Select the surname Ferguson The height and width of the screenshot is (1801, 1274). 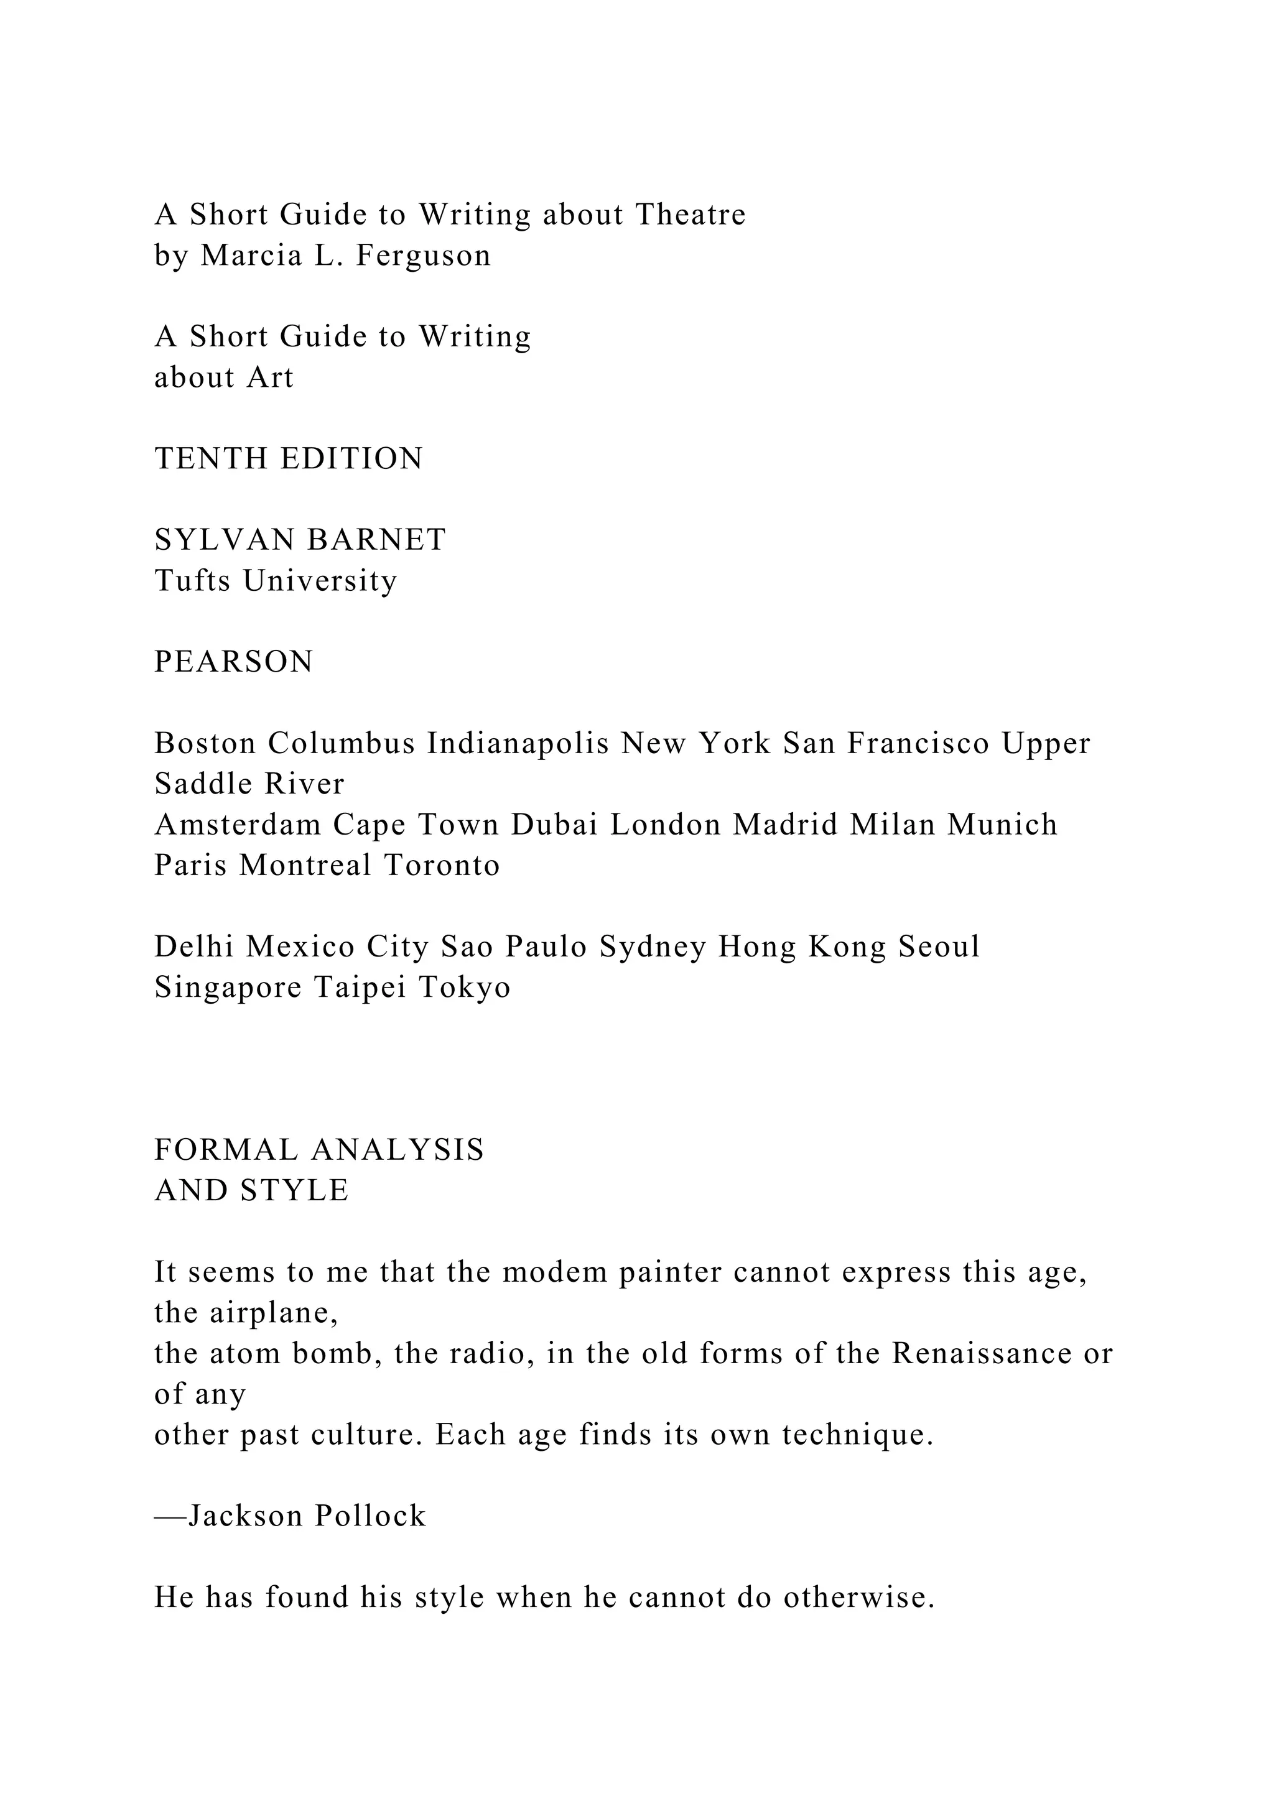424,256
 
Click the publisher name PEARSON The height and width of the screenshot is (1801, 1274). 234,662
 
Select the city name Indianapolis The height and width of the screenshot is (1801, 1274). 518,744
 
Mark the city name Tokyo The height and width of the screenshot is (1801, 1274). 465,988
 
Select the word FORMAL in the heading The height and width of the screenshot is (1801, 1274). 226,1151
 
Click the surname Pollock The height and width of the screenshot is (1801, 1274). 370,1516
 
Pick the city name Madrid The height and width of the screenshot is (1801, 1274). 785,825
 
